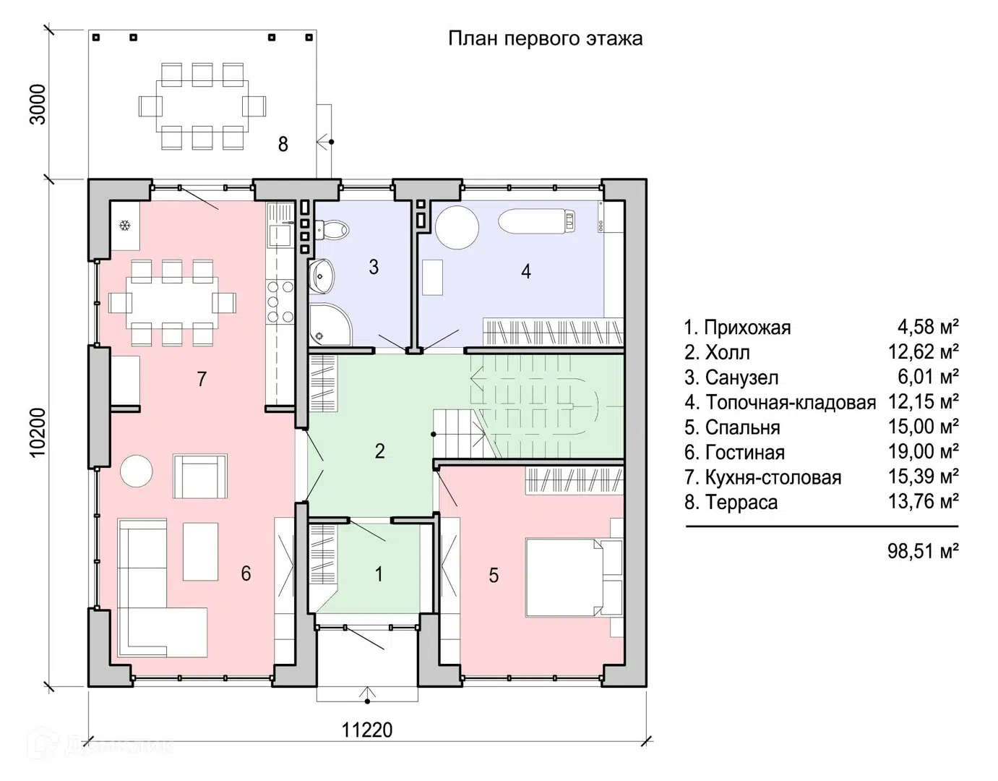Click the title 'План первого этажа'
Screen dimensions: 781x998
[x=545, y=38]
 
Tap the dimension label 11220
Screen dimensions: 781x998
[x=367, y=730]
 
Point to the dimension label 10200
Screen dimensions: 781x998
[x=38, y=432]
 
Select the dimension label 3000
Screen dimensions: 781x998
[x=38, y=104]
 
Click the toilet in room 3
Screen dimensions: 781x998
[x=333, y=231]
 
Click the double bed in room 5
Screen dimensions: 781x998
[x=564, y=576]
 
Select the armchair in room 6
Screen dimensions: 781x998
[x=199, y=476]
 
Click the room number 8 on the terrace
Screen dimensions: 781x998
[x=283, y=144]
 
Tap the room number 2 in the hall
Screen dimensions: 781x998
[x=379, y=451]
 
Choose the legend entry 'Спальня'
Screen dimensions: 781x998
[x=732, y=427]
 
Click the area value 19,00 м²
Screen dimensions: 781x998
[x=923, y=452]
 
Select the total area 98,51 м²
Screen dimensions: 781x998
[x=923, y=551]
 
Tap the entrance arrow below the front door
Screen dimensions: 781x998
[x=367, y=695]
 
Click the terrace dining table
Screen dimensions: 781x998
[x=203, y=106]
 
